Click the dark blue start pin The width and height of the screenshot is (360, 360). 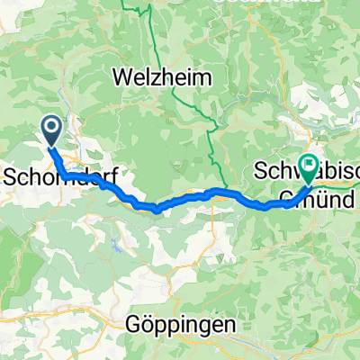click(51, 131)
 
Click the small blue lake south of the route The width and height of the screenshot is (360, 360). click(114, 244)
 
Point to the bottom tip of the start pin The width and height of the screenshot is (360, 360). click(51, 147)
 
